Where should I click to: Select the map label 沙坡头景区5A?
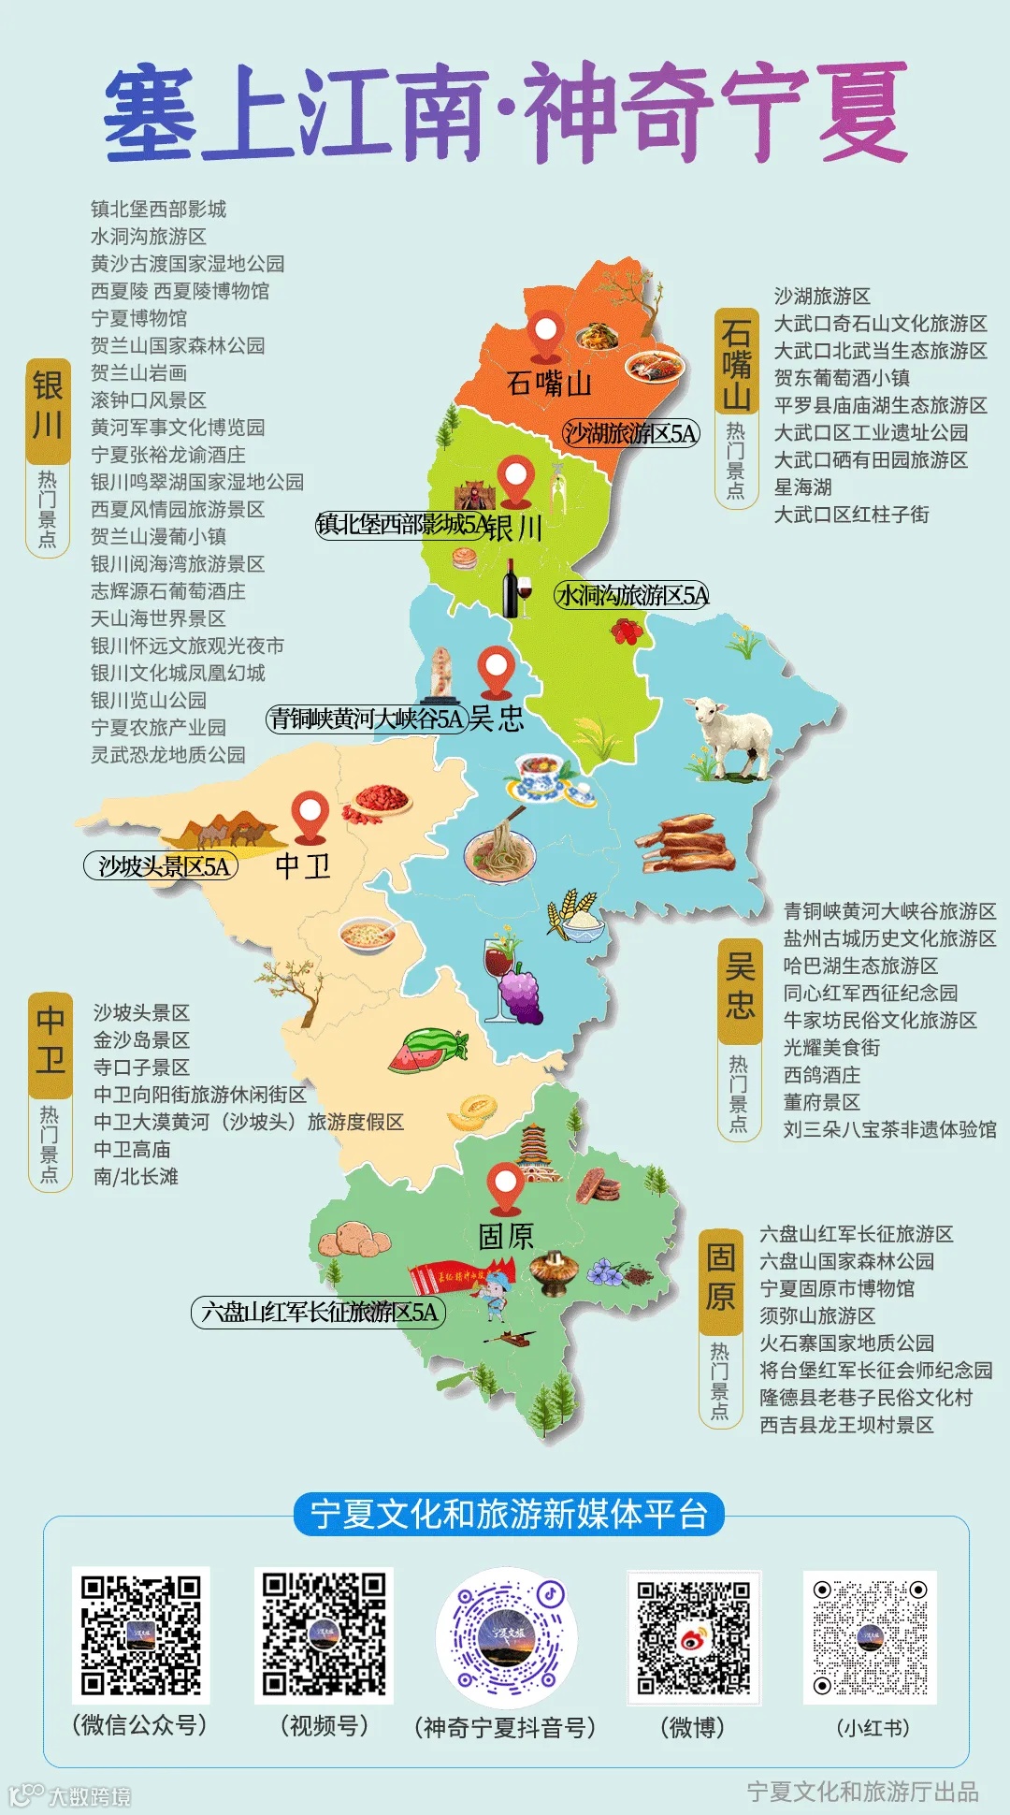(162, 866)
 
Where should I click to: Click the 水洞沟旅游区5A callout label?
(632, 595)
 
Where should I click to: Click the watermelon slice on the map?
(427, 1050)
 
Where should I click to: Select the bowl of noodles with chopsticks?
(500, 847)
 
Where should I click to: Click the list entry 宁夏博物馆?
(138, 318)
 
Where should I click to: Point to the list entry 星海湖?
(802, 487)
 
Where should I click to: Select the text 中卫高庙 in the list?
(132, 1149)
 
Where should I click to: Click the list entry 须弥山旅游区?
(816, 1315)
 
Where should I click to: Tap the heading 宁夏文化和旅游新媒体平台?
(509, 1514)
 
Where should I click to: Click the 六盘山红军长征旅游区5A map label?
(319, 1312)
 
